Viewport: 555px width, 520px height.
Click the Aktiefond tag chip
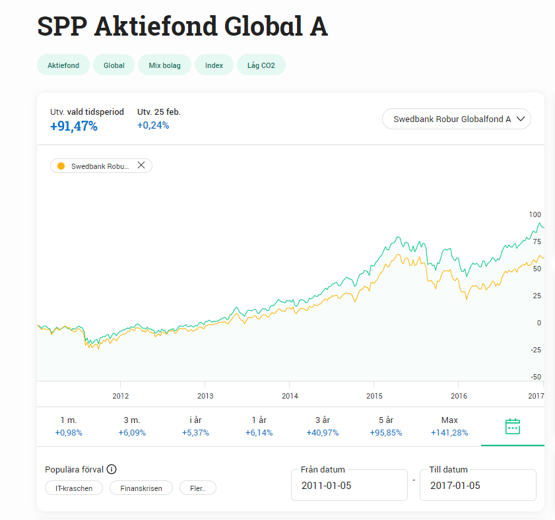[63, 65]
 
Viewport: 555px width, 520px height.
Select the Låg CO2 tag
[261, 65]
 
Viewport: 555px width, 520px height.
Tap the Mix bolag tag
[164, 65]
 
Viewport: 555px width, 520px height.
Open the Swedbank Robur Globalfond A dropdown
[456, 119]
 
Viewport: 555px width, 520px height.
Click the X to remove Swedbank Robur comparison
[141, 166]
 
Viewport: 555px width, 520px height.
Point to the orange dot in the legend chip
[61, 166]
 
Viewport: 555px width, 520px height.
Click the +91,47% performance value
[74, 126]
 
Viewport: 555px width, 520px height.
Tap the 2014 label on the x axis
[290, 396]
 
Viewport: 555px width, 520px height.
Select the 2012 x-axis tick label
[121, 396]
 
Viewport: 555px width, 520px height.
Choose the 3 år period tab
[322, 426]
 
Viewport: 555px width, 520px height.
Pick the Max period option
[449, 426]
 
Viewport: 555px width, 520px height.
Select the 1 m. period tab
[69, 426]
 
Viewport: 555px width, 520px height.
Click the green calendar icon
[513, 426]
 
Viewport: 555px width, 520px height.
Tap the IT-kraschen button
[74, 488]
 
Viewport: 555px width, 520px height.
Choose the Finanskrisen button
[141, 488]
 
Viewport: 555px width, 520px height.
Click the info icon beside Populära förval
[112, 470]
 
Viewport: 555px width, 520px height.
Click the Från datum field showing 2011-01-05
[349, 486]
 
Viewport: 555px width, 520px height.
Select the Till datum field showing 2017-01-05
[478, 486]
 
